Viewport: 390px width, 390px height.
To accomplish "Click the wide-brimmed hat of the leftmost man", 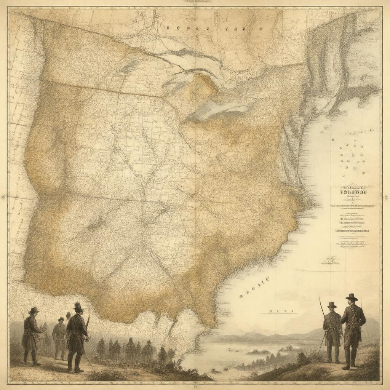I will [x=34, y=310].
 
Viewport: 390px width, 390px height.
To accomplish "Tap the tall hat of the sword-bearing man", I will [x=78, y=306].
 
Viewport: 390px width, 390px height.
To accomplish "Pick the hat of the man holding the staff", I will [x=332, y=305].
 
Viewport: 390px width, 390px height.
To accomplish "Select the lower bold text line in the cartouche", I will [x=352, y=230].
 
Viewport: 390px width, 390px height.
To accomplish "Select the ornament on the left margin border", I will [x=3, y=197].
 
